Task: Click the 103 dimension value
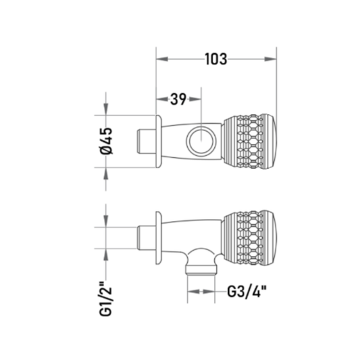click(216, 59)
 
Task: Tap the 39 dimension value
click(178, 99)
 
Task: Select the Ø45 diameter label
click(106, 140)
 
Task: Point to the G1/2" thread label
click(105, 299)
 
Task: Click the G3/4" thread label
click(247, 292)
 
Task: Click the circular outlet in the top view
click(201, 140)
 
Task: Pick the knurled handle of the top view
click(250, 141)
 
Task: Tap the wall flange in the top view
click(159, 141)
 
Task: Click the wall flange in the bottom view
click(159, 238)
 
